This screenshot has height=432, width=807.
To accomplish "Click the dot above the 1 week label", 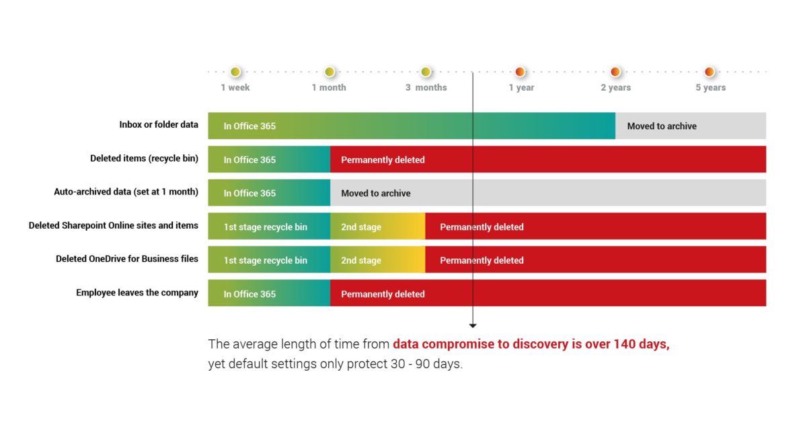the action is (x=235, y=72).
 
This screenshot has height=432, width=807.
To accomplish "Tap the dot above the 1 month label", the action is (x=330, y=72).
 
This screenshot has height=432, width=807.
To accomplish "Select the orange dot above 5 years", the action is (x=709, y=72).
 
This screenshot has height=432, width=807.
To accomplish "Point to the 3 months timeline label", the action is (x=426, y=87).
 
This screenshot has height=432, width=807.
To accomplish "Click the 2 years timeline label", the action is (x=616, y=87).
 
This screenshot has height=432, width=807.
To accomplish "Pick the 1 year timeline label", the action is (x=521, y=87).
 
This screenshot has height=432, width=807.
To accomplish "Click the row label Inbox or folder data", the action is (x=159, y=124).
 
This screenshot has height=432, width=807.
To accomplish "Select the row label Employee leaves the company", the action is (x=137, y=293).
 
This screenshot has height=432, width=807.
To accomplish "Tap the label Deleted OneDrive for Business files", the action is (x=127, y=259).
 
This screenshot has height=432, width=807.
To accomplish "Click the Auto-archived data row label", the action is (x=126, y=192).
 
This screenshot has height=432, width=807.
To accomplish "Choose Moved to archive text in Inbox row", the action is (x=662, y=127).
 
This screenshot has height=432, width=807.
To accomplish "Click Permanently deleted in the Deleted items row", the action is (x=383, y=159).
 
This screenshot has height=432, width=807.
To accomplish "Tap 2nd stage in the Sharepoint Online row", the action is (x=361, y=227).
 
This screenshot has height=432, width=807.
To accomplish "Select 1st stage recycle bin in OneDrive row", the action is (x=265, y=260).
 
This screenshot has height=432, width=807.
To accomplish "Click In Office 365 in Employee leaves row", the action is (x=249, y=294).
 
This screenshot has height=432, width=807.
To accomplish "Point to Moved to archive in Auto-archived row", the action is (x=375, y=193).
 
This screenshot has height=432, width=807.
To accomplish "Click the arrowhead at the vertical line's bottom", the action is (x=473, y=326).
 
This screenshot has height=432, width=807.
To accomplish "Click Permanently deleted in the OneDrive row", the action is (x=482, y=260).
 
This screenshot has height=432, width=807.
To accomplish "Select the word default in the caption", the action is (x=248, y=364).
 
